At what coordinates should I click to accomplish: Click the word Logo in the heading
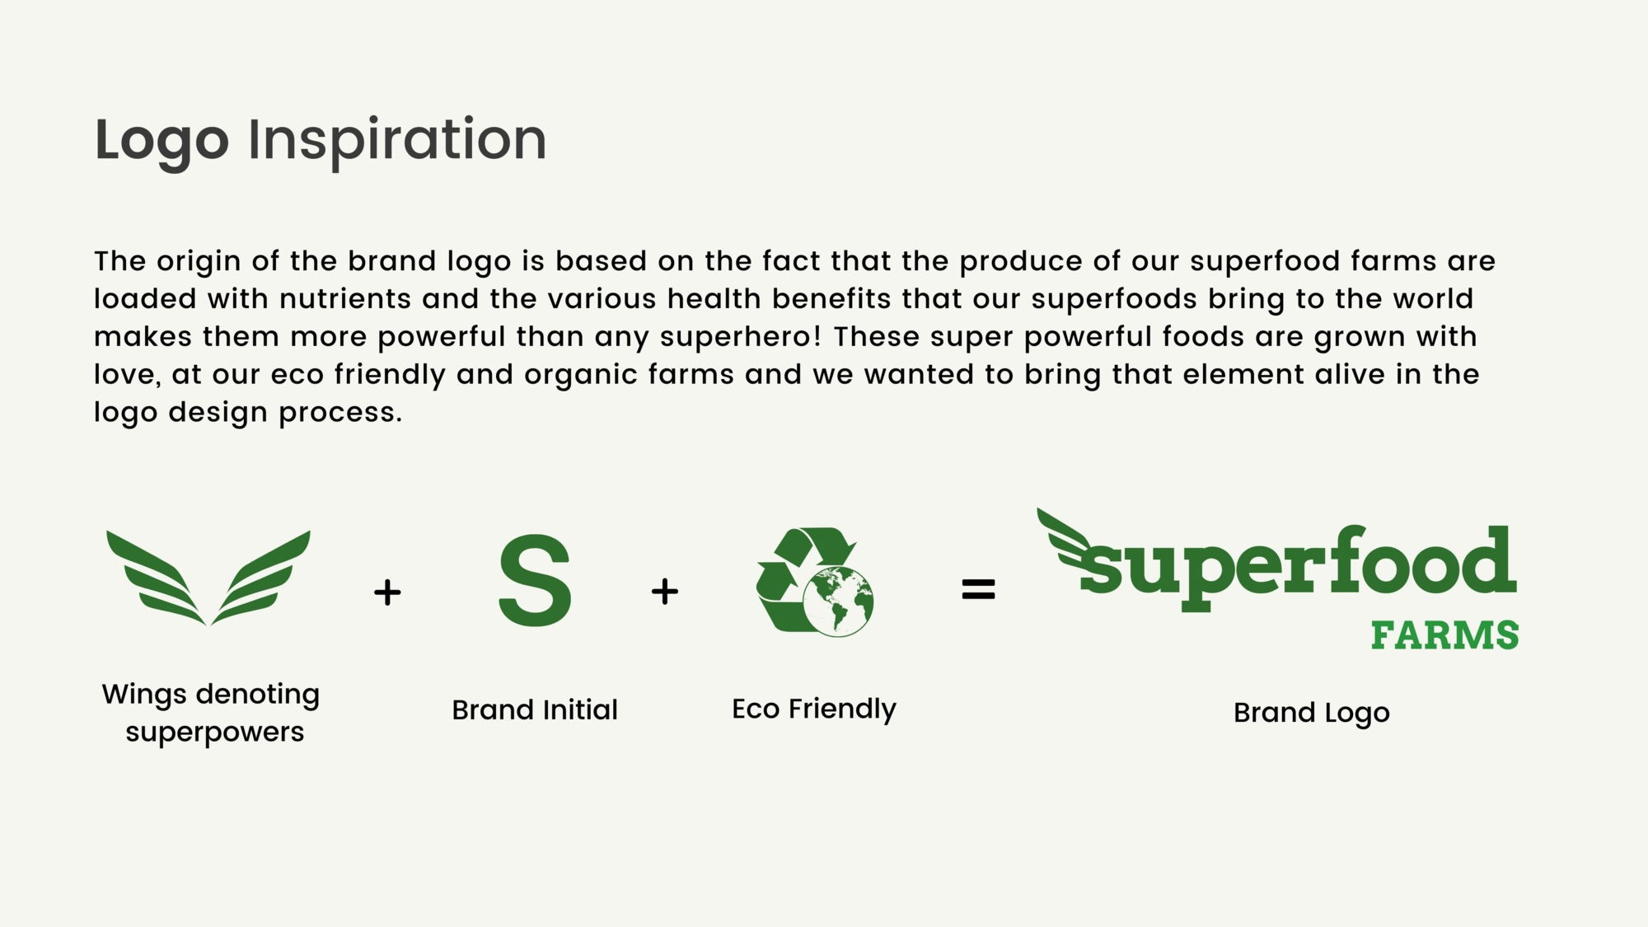pos(162,140)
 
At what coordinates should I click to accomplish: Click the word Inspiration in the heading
pos(397,140)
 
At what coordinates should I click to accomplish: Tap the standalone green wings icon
pos(208,578)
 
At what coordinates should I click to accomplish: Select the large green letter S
pos(535,580)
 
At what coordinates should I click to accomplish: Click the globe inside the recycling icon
pos(839,602)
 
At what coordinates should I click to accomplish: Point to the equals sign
pos(978,589)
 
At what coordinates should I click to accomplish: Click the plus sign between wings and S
pos(387,592)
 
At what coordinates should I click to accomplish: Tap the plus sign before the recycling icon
pos(665,591)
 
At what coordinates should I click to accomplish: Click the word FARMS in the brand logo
pos(1445,635)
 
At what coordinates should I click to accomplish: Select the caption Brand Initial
pos(535,709)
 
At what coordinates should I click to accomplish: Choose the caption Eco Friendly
pos(814,709)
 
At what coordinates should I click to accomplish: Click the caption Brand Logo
pos(1312,713)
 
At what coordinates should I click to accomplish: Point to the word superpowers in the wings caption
pos(215,733)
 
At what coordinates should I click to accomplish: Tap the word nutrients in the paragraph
pos(345,298)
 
